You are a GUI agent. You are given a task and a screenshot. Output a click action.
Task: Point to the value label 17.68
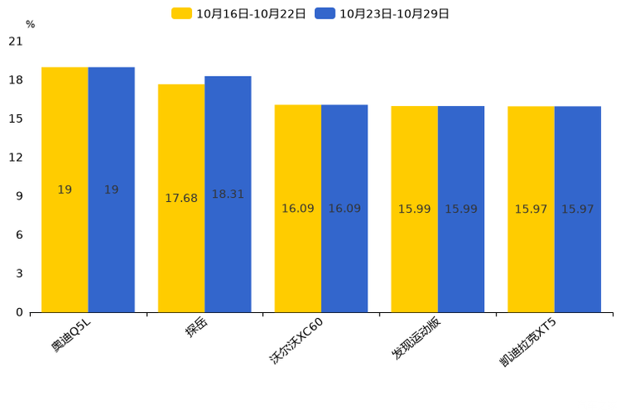(181, 199)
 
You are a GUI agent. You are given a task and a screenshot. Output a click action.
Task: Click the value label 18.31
(228, 194)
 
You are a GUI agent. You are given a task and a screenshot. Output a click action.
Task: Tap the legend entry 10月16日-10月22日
(240, 13)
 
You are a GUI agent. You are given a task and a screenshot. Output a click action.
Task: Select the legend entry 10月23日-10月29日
(383, 13)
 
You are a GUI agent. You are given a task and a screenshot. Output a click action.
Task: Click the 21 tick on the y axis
(16, 42)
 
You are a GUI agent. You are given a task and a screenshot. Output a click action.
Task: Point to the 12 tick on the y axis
(16, 158)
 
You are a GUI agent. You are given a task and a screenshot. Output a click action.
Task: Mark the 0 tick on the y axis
(19, 312)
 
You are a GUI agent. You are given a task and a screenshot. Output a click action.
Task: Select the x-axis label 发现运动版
(416, 339)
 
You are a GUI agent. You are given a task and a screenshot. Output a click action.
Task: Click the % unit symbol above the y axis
(30, 25)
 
